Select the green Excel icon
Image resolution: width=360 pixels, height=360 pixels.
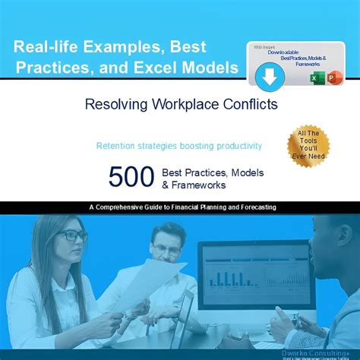[316, 78]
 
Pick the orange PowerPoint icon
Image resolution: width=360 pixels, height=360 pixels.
[333, 78]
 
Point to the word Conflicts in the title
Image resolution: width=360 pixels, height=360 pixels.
[238, 103]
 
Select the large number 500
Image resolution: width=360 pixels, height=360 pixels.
[131, 176]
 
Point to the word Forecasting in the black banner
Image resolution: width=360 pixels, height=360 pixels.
[254, 207]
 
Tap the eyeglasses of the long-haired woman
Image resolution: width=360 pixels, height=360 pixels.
[72, 236]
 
